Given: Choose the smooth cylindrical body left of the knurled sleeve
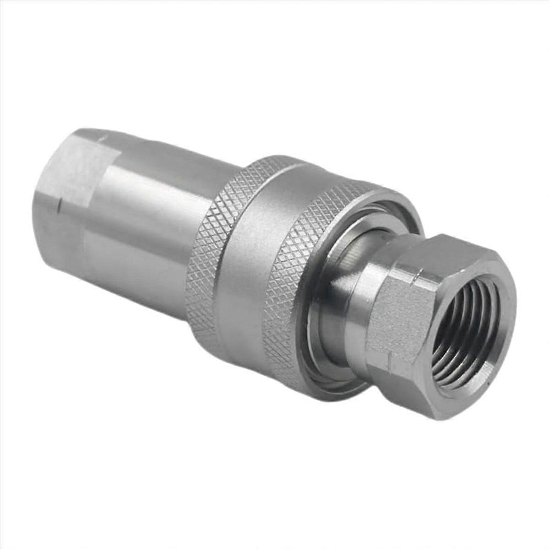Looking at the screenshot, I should coord(142,220).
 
